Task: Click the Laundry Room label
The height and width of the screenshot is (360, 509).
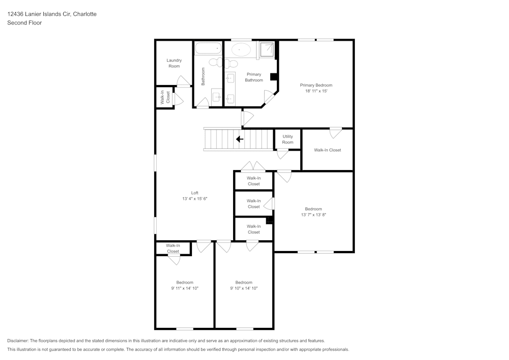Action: pos(174,63)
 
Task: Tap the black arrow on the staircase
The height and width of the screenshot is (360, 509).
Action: pos(239,139)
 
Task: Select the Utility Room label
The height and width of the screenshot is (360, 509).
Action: pos(288,139)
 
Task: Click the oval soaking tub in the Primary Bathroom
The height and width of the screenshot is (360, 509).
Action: pos(241,49)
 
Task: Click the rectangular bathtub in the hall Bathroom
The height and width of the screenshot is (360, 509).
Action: pos(208,49)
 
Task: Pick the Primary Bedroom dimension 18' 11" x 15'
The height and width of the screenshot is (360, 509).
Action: pos(316,91)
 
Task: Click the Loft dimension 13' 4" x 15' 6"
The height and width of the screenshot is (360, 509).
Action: pos(194,199)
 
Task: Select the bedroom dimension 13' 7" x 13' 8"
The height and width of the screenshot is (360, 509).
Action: pos(313,215)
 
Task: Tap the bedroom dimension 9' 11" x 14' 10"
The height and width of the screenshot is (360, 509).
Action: pos(185,288)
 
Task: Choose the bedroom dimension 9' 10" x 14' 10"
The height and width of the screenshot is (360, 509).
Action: pos(244,288)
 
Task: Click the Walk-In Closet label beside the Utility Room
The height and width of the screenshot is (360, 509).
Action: pos(327,150)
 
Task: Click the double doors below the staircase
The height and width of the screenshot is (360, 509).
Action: pos(253,166)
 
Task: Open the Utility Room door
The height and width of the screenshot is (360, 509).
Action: pos(282,154)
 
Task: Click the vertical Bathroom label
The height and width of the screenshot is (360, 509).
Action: pos(203,76)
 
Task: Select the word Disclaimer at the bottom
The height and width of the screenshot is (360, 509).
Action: pos(18,341)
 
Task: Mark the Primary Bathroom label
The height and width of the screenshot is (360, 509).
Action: pos(254,77)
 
